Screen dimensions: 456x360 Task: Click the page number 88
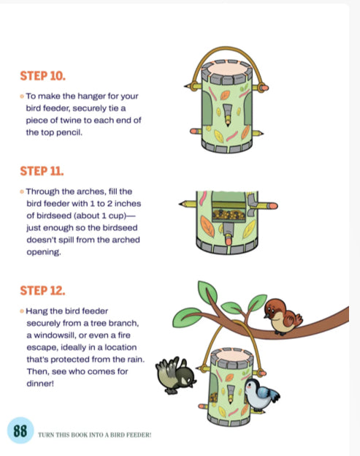pos(17,432)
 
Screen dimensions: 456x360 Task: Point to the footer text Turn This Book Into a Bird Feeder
pos(94,434)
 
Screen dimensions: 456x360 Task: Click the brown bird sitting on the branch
pos(282,314)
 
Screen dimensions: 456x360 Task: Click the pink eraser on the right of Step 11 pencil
pos(271,205)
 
